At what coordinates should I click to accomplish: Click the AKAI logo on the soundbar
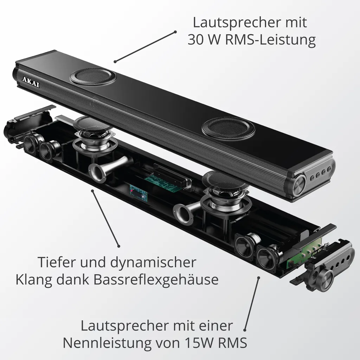click(31, 82)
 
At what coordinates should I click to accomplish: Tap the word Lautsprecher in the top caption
click(236, 22)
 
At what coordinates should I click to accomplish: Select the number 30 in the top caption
click(196, 40)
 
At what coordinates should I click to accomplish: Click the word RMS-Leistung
click(270, 40)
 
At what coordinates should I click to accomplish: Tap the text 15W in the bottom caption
click(199, 343)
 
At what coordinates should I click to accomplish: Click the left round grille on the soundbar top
click(93, 76)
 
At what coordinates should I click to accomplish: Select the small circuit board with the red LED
click(139, 192)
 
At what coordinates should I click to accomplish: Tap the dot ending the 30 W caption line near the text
click(175, 32)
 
